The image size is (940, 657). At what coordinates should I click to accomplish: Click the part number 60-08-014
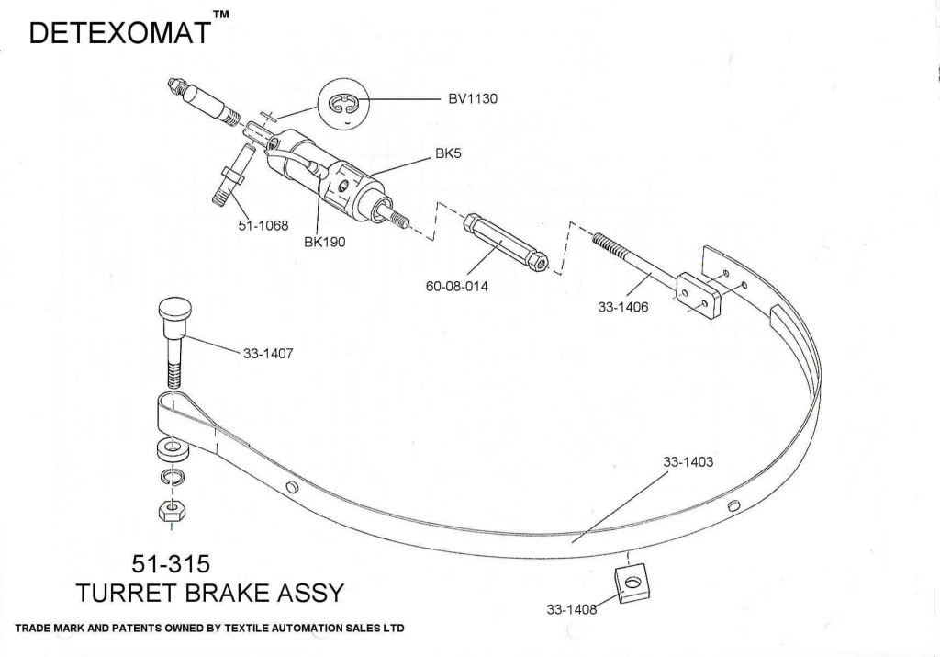[x=456, y=286]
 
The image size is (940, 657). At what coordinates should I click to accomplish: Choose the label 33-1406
[x=623, y=308]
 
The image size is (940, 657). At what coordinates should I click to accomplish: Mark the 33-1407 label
[x=268, y=353]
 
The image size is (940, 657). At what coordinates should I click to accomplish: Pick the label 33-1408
[x=572, y=608]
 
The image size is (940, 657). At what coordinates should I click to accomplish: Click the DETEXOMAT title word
[x=120, y=33]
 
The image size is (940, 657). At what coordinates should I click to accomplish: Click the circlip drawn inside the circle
[x=344, y=108]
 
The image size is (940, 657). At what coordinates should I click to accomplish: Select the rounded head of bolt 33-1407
[x=174, y=309]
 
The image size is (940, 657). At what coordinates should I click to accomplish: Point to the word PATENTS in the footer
[x=134, y=629]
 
